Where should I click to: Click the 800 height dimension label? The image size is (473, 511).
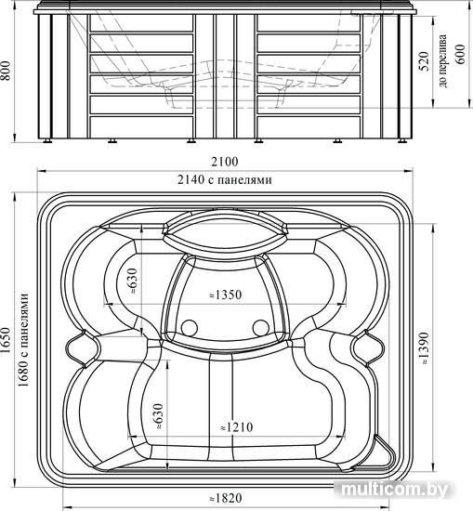[x=7, y=71]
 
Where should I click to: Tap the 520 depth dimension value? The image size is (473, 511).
[x=424, y=61]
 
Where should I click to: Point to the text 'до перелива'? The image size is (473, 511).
[x=442, y=61]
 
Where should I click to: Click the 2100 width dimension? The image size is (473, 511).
[x=225, y=162]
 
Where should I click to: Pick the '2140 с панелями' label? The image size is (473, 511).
[x=225, y=179]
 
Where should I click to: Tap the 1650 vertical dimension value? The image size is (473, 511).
[x=7, y=341]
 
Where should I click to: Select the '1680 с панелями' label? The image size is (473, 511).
[x=24, y=340]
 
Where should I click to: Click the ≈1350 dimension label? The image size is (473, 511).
[x=225, y=295]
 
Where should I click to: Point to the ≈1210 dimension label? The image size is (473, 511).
[x=237, y=427]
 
